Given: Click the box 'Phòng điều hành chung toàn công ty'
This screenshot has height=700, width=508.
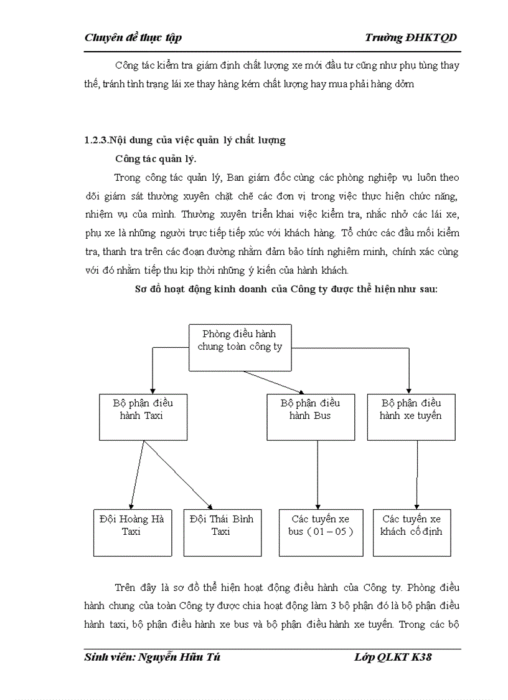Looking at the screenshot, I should (240, 347).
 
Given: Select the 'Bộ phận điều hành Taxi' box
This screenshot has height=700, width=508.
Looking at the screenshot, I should (143, 416).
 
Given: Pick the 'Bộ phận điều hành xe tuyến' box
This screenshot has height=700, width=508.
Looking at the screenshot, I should (411, 416).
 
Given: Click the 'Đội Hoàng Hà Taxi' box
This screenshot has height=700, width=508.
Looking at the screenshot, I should (132, 532).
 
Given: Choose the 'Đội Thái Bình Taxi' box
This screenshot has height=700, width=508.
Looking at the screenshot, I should (221, 532).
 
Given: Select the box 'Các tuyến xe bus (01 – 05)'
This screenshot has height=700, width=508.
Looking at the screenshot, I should (321, 532).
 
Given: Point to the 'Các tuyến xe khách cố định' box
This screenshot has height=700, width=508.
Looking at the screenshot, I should (412, 532).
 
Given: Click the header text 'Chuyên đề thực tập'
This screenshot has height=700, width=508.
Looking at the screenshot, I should (133, 38).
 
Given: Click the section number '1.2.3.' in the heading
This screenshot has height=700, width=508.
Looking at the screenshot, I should (96, 140).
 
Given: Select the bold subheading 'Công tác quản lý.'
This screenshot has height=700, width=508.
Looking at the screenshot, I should (156, 159).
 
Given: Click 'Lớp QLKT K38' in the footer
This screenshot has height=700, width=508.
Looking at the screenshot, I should (392, 658).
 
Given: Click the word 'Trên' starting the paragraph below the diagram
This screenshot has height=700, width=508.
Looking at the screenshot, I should (126, 588).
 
